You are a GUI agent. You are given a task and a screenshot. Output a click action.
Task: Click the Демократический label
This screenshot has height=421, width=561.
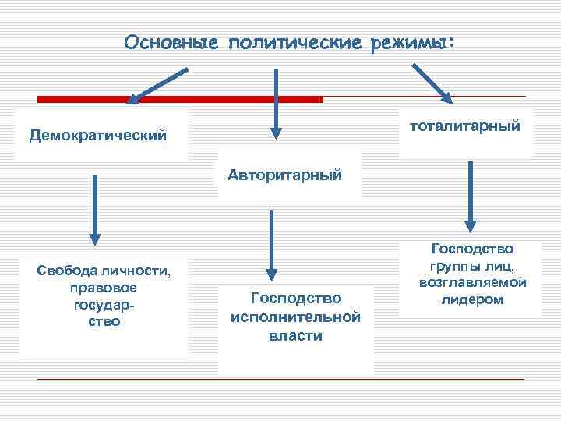click(x=98, y=136)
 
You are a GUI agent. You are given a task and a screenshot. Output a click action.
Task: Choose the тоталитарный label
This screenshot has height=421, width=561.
click(x=464, y=125)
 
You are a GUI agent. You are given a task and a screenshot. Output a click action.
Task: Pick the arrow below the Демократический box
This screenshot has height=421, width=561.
click(x=95, y=209)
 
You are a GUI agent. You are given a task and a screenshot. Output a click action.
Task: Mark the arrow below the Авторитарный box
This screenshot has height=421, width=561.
click(x=271, y=245)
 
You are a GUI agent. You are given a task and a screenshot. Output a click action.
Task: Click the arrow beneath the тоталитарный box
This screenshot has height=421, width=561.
click(x=470, y=196)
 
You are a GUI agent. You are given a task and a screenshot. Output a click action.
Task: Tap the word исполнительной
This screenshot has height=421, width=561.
click(x=295, y=317)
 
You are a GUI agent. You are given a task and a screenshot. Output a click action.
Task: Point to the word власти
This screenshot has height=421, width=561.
click(x=295, y=335)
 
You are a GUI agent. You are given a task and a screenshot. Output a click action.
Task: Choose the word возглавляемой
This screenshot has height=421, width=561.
click(x=473, y=282)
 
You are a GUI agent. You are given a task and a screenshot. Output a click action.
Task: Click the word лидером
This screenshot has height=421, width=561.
click(x=471, y=299)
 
